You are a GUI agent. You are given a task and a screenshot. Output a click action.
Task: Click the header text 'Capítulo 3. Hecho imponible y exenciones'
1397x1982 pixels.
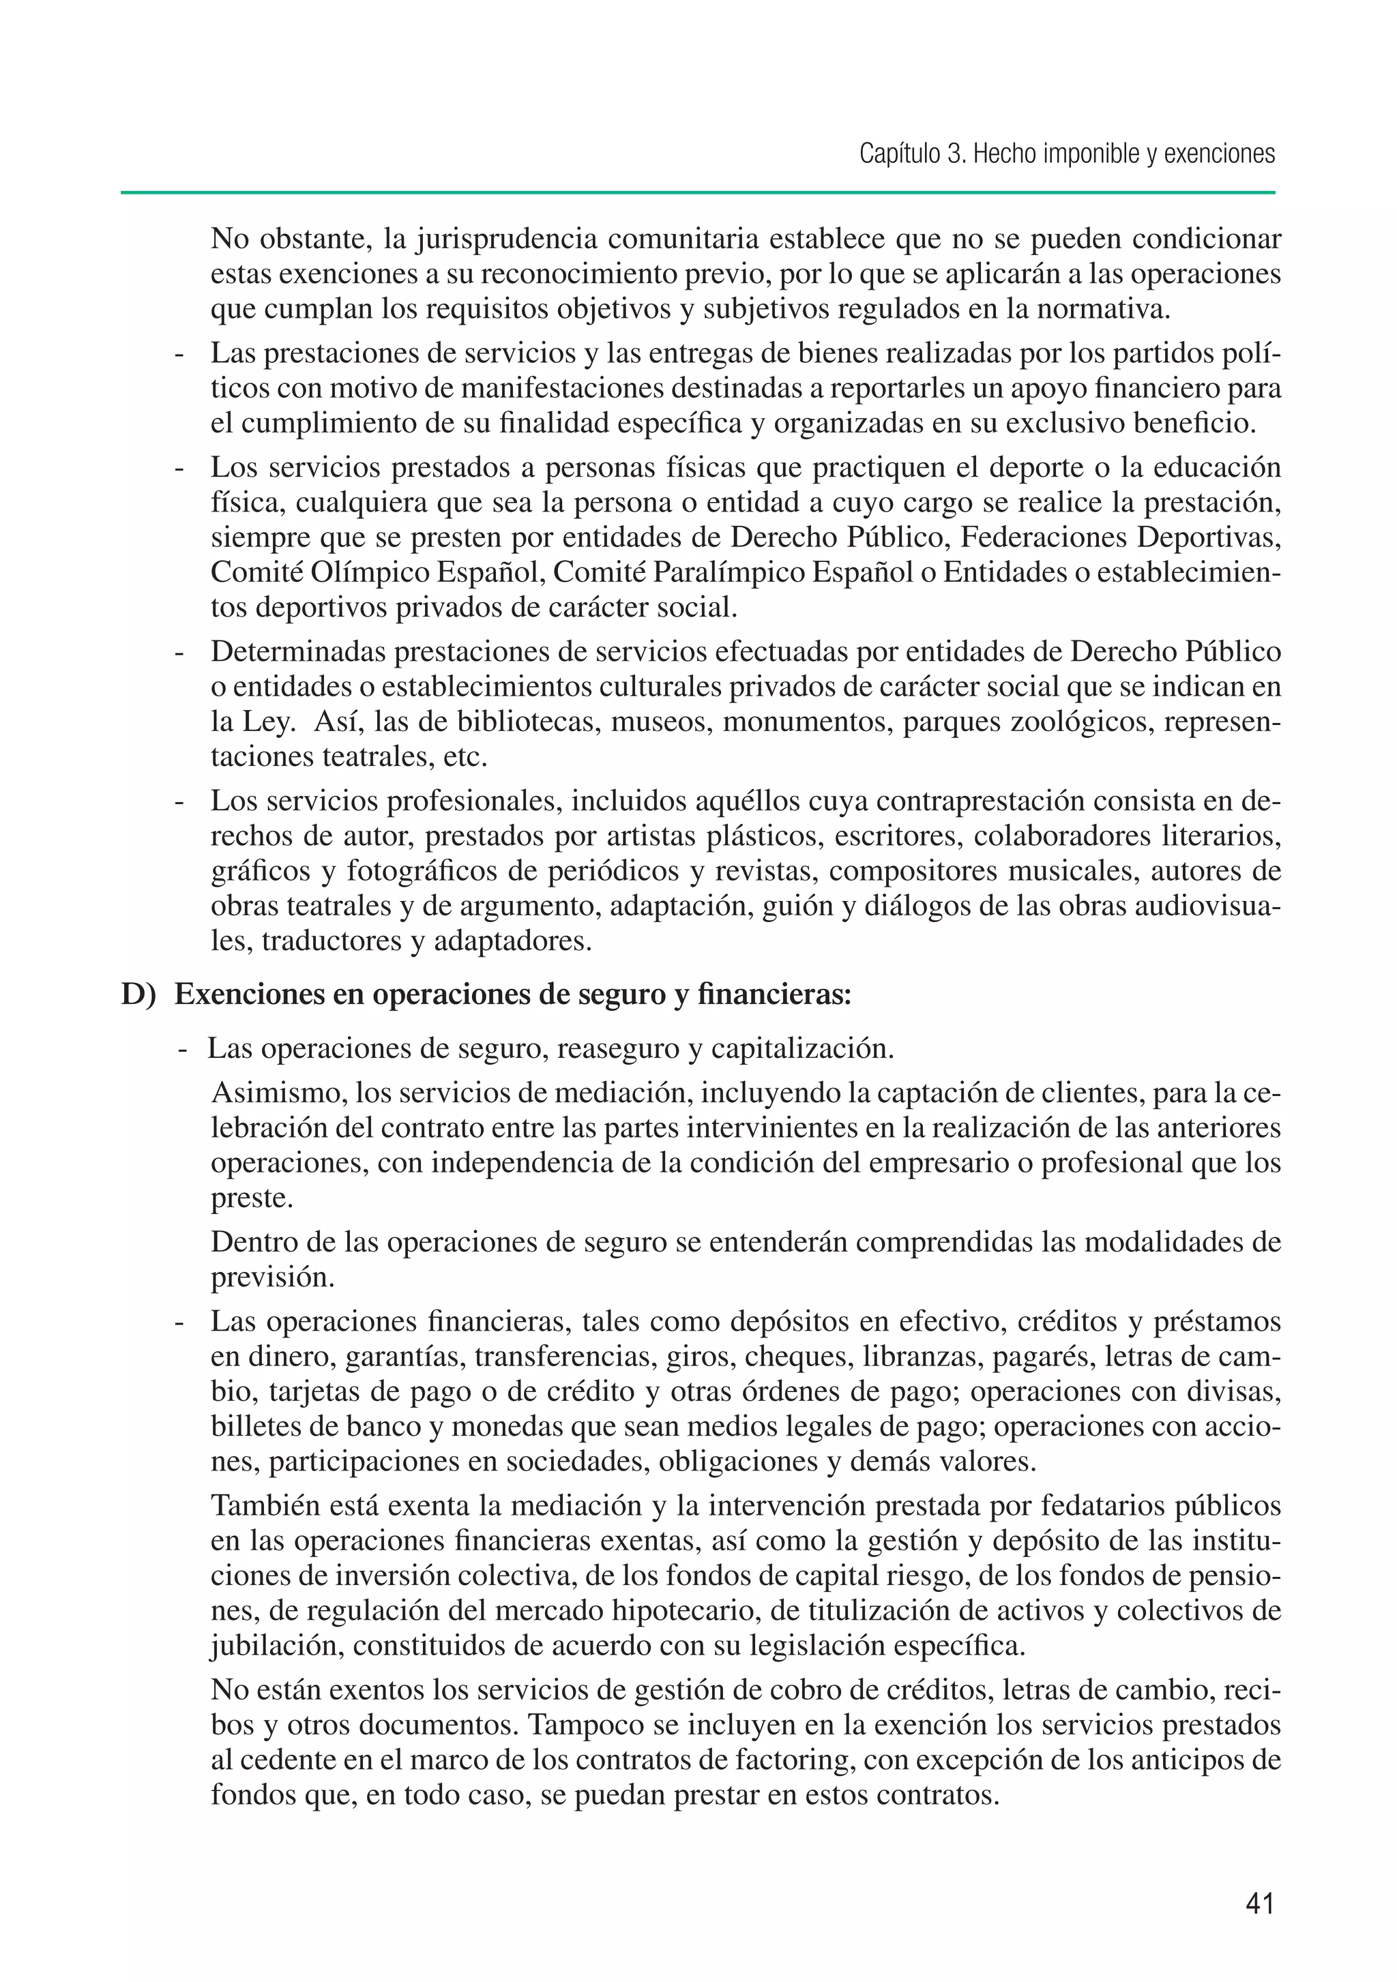pos(1066,155)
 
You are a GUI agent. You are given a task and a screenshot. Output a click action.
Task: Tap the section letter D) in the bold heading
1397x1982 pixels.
pos(139,994)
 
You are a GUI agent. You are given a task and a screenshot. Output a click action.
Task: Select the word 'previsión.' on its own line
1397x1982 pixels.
pos(272,1277)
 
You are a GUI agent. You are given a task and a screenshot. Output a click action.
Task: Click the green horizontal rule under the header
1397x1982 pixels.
pos(698,192)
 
